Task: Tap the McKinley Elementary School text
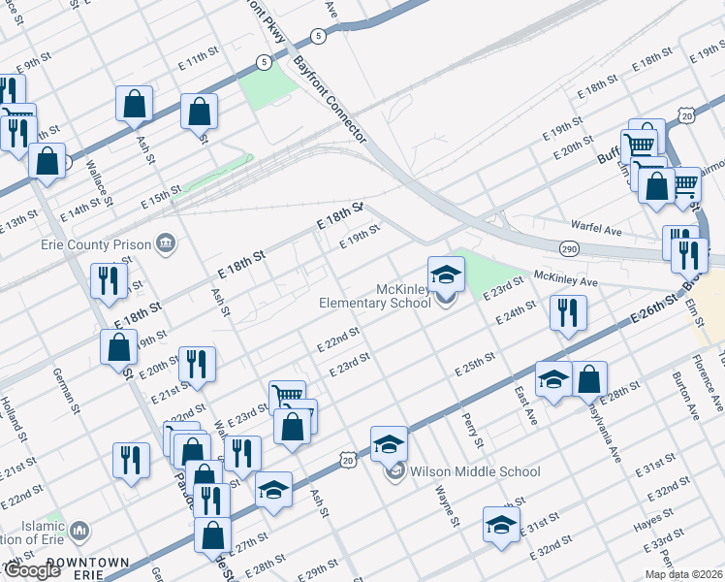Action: pyautogui.click(x=375, y=296)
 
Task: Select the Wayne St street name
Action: pyautogui.click(x=453, y=509)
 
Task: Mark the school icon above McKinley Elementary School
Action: pyautogui.click(x=445, y=275)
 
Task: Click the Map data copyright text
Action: pyautogui.click(x=684, y=574)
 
